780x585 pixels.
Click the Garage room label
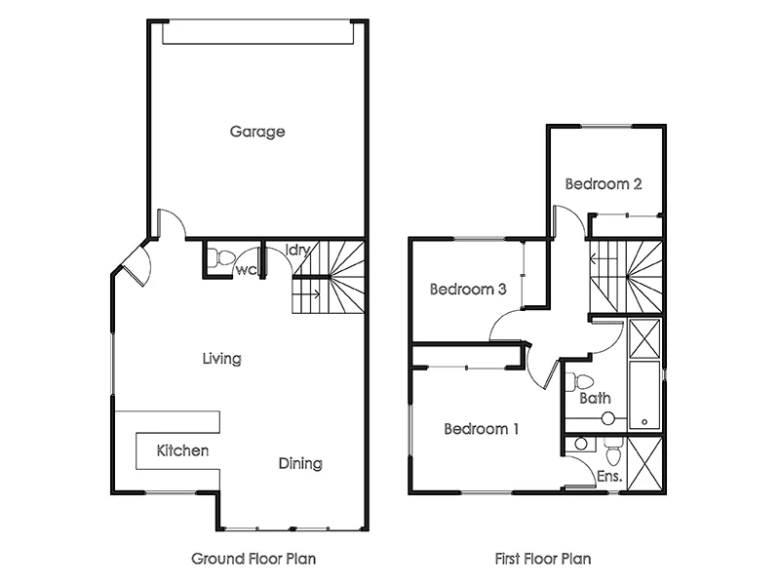(257, 132)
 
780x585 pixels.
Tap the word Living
(221, 359)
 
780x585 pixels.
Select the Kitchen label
(182, 450)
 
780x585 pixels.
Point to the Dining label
(300, 463)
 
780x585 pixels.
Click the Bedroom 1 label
(482, 429)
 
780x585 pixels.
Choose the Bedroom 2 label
(604, 183)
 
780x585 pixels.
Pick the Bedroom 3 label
(468, 290)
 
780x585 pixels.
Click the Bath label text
(595, 398)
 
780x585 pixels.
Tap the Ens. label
(608, 477)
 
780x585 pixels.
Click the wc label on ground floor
(246, 270)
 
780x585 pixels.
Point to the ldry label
(297, 251)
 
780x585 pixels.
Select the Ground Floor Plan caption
(253, 560)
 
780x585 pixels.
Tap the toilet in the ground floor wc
(224, 259)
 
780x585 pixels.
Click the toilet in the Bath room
(584, 380)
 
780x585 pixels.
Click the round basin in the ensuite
(581, 444)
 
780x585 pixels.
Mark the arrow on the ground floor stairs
(313, 292)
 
